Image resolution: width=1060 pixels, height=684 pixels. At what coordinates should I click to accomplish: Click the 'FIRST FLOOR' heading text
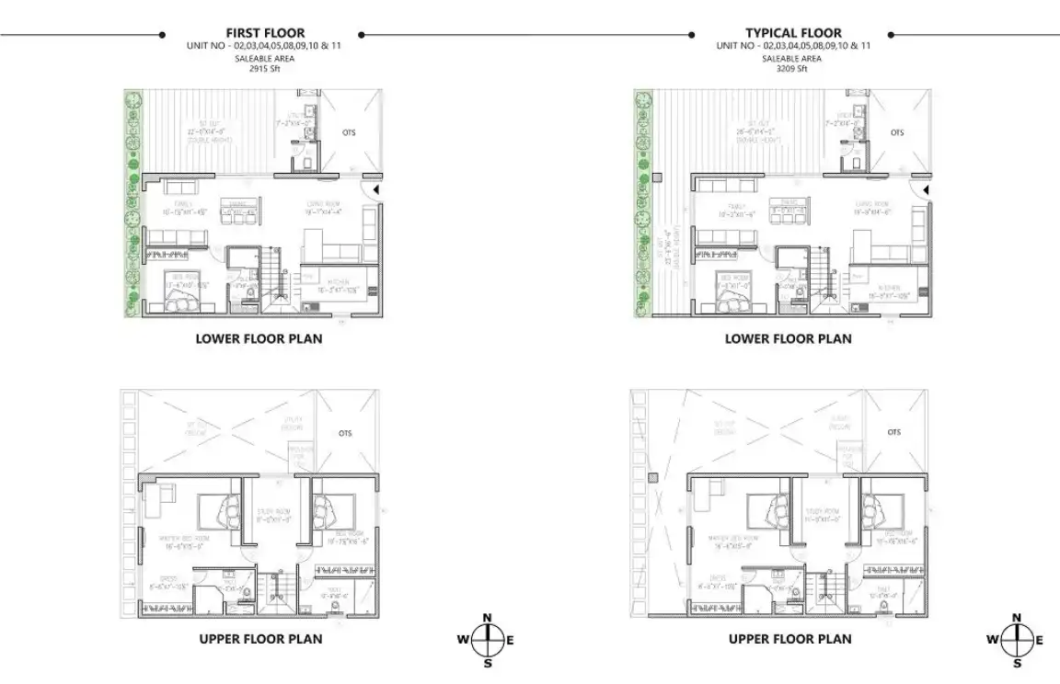pos(265,33)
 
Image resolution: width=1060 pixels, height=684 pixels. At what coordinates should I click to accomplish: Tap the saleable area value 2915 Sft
pos(265,68)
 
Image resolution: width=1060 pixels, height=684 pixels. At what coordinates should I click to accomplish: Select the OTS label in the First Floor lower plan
pos(348,132)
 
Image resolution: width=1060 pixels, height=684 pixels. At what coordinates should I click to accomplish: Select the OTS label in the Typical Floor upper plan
pos(894,432)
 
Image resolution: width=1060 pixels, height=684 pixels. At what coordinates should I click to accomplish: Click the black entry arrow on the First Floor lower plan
pos(374,190)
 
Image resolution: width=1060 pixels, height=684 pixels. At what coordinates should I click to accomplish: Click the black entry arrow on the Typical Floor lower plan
pos(927,190)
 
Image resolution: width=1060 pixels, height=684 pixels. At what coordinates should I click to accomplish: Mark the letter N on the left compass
pos(488,618)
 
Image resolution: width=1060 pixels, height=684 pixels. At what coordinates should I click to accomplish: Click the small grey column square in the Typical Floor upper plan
pos(651,478)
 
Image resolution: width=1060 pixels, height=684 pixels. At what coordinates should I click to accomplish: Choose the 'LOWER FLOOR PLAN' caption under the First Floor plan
pos(259,339)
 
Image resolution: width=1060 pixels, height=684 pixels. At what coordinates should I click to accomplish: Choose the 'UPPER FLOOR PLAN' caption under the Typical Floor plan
pos(789,639)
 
